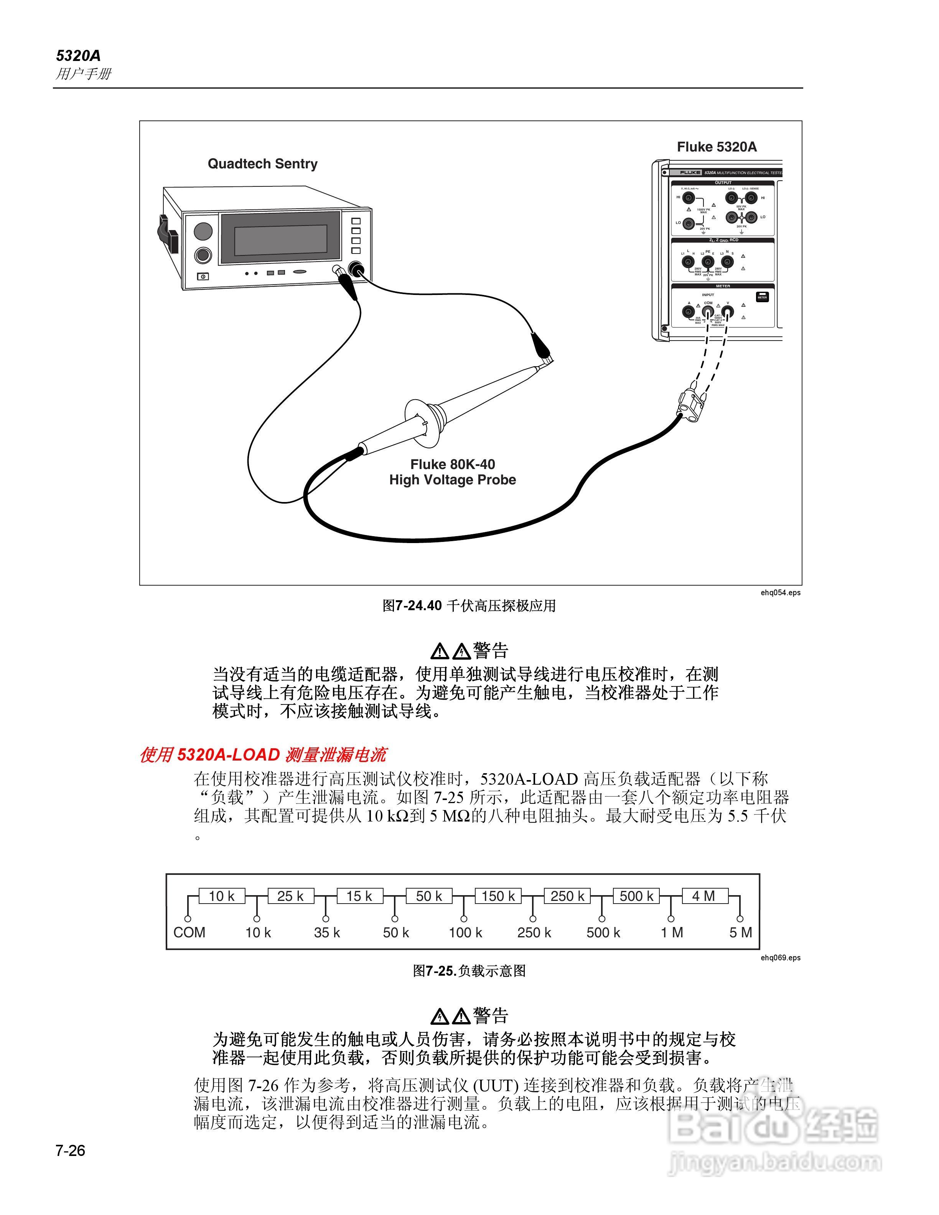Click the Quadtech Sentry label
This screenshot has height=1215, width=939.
point(263,164)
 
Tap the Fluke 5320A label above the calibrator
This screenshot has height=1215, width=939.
point(717,147)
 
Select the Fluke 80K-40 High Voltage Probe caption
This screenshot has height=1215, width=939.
point(452,472)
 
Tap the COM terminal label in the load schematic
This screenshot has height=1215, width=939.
point(189,932)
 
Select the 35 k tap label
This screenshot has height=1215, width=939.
point(326,932)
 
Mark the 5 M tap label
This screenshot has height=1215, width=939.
point(740,932)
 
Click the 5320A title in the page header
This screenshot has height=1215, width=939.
point(78,56)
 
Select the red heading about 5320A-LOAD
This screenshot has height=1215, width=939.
point(263,755)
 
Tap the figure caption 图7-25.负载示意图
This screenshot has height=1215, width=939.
point(469,971)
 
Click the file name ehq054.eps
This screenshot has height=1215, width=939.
point(781,593)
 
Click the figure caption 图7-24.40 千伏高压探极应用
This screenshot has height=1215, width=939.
point(469,606)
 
